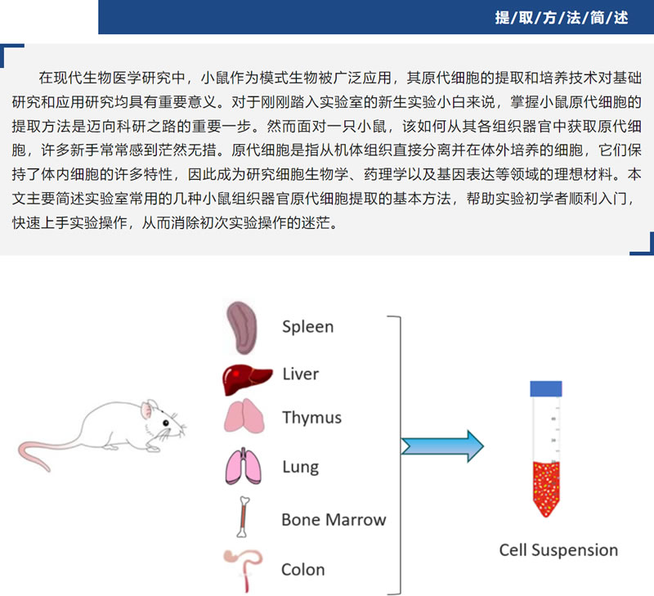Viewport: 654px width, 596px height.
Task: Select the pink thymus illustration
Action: point(245,416)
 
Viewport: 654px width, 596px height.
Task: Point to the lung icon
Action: point(245,466)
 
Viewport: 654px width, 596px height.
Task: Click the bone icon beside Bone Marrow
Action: point(244,518)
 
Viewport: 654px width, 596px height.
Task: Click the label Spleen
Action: point(307,327)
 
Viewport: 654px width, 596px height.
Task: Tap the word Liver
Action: point(300,374)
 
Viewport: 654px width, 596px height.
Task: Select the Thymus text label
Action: point(311,418)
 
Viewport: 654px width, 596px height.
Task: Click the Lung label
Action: point(300,468)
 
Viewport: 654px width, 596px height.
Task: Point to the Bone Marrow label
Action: point(333,519)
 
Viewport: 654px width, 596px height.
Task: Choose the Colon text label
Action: point(302,569)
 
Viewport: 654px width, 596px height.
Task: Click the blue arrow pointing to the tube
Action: point(442,446)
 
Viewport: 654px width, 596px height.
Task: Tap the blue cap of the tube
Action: point(546,389)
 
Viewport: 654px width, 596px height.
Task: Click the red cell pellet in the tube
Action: point(545,487)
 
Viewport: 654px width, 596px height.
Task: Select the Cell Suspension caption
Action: point(558,550)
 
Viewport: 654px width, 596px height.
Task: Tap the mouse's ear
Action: point(150,408)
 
